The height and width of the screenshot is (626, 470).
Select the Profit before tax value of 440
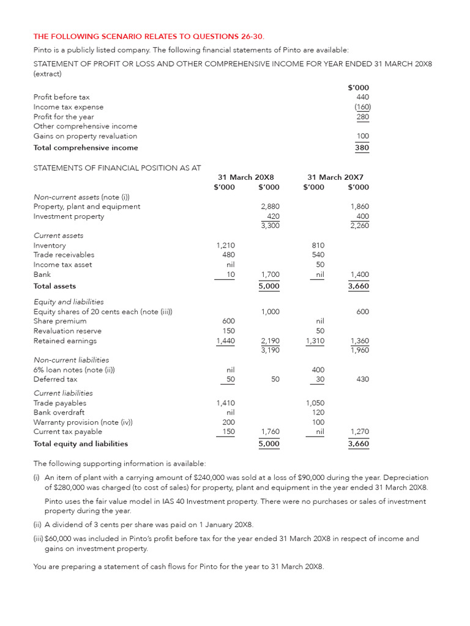(x=362, y=97)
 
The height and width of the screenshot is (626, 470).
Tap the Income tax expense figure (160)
(x=362, y=107)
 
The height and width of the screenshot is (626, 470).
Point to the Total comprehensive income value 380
(x=362, y=147)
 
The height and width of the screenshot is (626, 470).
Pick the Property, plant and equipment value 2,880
(x=270, y=207)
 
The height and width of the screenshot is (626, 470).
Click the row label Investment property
(x=69, y=216)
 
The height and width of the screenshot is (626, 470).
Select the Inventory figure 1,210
(x=225, y=245)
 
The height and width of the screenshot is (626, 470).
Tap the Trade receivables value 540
(x=318, y=255)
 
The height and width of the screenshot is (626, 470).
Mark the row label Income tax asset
(x=62, y=265)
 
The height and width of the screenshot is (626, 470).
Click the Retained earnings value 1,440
(x=225, y=341)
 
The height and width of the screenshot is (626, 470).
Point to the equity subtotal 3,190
(x=270, y=350)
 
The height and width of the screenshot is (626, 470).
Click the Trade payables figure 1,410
(x=225, y=403)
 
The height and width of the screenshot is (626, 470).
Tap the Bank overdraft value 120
(x=319, y=413)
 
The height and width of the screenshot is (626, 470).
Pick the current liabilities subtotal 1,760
(x=270, y=432)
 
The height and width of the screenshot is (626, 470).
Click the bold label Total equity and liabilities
(x=81, y=444)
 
